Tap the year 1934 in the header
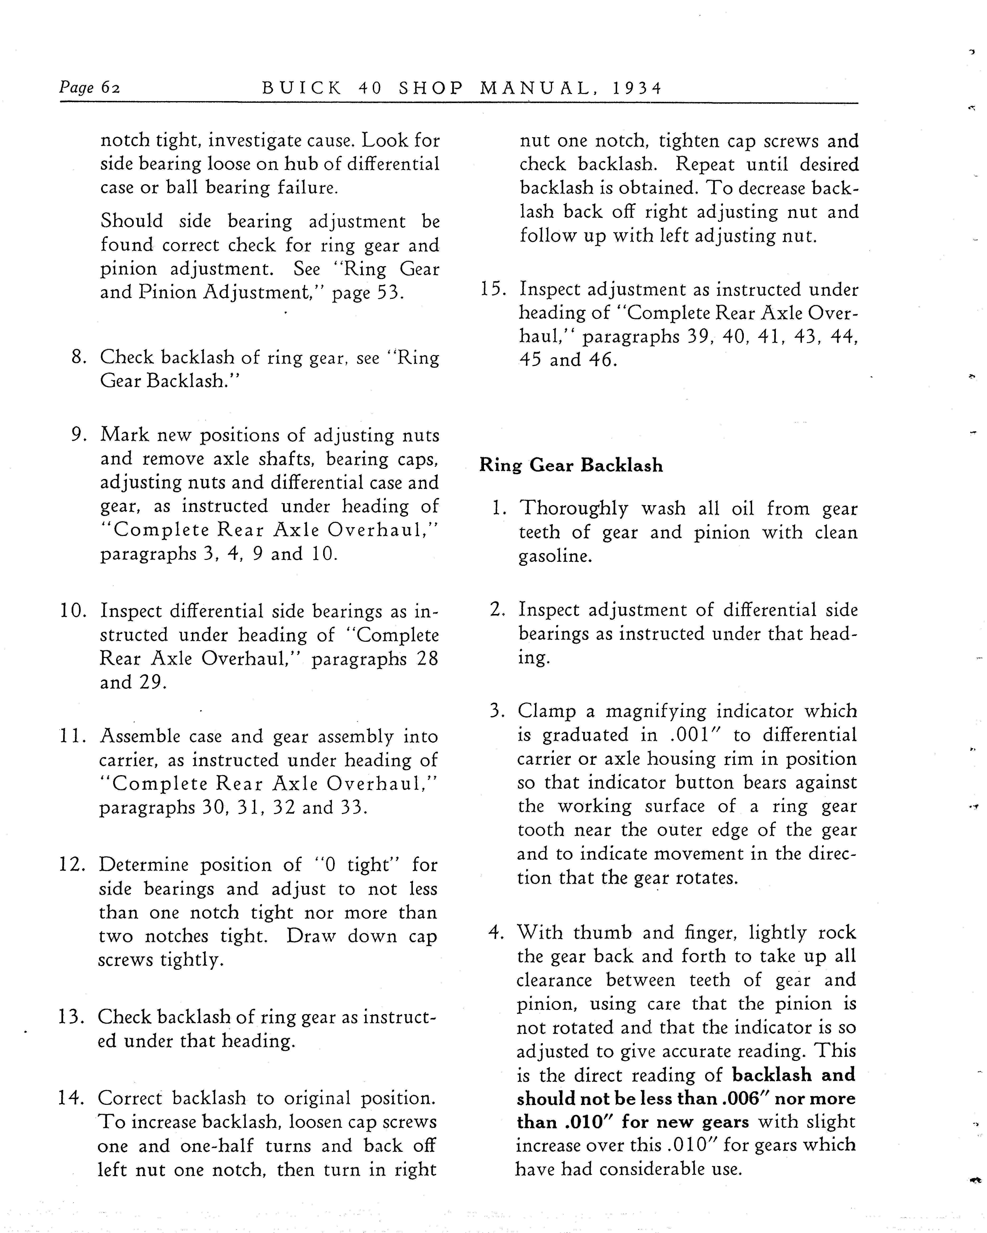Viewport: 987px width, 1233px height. [637, 89]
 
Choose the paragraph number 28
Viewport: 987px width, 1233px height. [427, 659]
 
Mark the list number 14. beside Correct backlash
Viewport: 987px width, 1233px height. [72, 1098]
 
